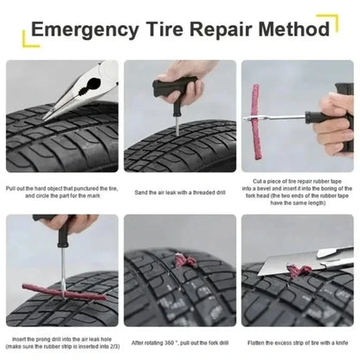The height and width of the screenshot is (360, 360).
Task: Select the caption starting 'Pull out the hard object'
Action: coord(61,192)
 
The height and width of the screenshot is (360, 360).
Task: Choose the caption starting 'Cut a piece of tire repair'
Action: coord(297,196)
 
